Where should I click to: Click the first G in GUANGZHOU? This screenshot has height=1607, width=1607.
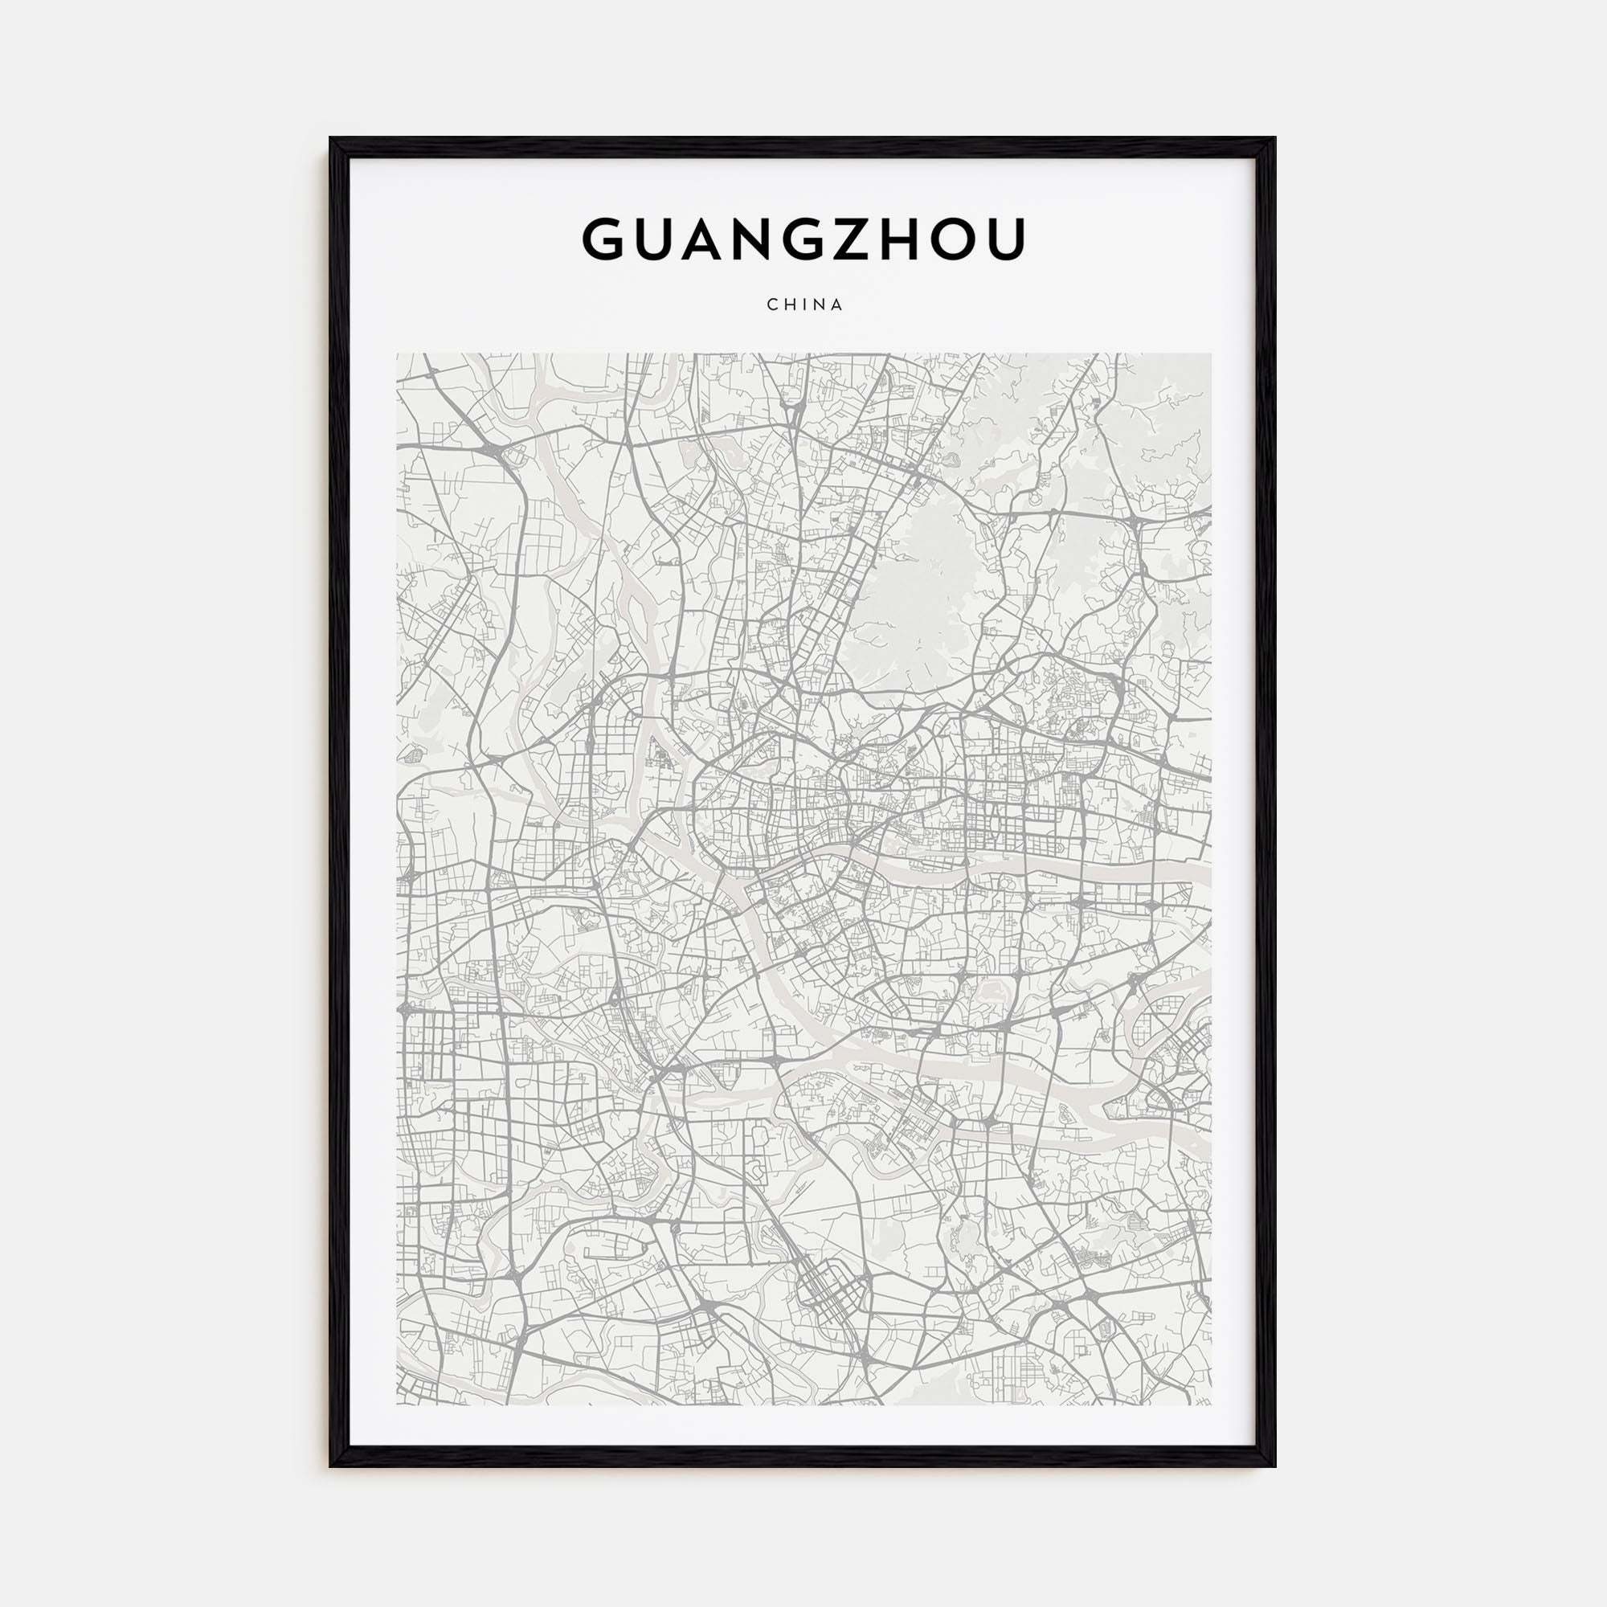click(604, 239)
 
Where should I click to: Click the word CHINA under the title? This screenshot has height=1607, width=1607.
click(804, 305)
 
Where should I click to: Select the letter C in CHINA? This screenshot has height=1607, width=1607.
click(771, 305)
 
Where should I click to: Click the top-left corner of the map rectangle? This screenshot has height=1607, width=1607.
click(397, 354)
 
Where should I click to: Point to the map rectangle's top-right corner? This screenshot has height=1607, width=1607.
click(1211, 354)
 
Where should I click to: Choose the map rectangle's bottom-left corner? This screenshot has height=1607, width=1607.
click(397, 1405)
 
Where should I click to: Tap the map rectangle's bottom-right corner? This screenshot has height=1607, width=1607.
click(1211, 1405)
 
